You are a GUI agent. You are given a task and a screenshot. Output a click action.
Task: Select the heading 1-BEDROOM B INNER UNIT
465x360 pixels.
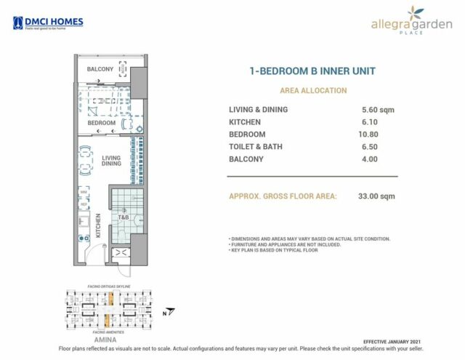312,71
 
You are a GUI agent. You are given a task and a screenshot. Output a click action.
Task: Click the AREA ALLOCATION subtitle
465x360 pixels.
313,91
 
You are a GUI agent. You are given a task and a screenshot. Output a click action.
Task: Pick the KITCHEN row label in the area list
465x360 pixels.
244,122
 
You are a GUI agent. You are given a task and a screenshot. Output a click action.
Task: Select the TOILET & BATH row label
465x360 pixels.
256,147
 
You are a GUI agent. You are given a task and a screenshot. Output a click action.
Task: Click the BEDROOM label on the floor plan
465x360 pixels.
102,124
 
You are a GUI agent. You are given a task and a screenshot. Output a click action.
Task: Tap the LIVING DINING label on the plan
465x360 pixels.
111,161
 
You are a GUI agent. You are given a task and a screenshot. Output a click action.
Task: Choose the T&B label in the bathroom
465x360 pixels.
124,217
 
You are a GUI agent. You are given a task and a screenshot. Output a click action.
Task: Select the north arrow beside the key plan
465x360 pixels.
166,313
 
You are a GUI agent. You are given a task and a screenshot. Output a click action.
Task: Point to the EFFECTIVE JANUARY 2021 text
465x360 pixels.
392,341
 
